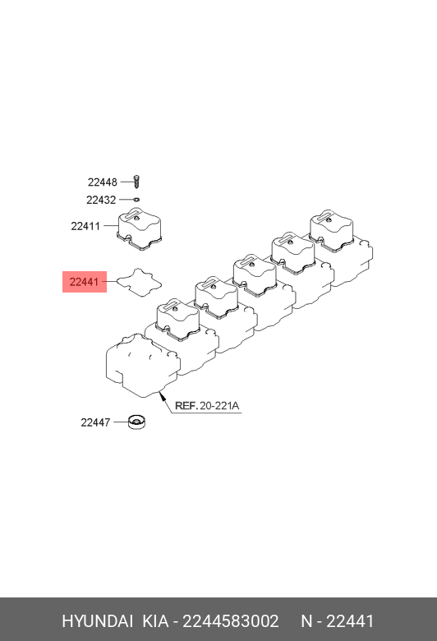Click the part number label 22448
coord(102,182)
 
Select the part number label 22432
coord(101,200)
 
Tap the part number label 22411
coord(85,226)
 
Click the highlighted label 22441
coord(85,282)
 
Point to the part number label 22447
coord(95,422)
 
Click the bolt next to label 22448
coord(137,181)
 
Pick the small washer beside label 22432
coord(136,200)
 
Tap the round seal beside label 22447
coord(137,422)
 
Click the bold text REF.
coord(186,405)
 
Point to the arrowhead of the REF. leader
coord(161,394)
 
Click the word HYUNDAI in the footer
coord(97,621)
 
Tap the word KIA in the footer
coord(155,621)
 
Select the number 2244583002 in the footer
coord(231,621)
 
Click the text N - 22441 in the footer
coord(338,621)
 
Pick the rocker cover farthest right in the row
coord(331,230)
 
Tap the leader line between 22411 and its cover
coord(110,225)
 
